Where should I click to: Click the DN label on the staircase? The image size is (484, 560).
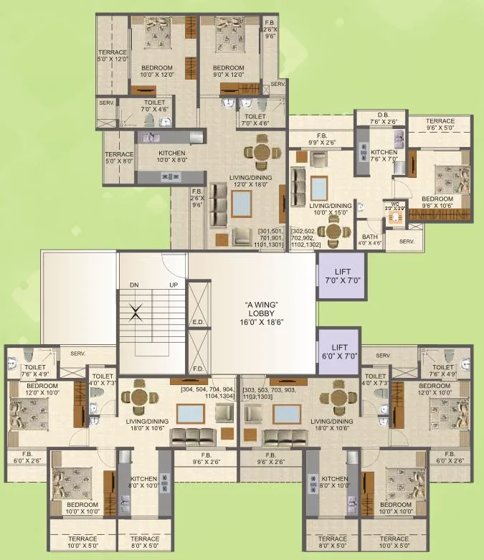click(133, 285)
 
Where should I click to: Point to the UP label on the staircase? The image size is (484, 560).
click(172, 285)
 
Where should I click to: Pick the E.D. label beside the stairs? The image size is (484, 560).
click(199, 323)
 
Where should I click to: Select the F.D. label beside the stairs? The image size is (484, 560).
click(199, 369)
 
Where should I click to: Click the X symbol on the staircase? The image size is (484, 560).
click(136, 312)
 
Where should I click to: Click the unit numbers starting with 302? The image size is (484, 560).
click(305, 237)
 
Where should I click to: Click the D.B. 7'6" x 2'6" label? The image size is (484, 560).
click(380, 118)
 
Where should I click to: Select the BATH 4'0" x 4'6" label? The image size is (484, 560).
click(371, 239)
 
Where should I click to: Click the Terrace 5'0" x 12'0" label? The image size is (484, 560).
click(113, 55)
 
